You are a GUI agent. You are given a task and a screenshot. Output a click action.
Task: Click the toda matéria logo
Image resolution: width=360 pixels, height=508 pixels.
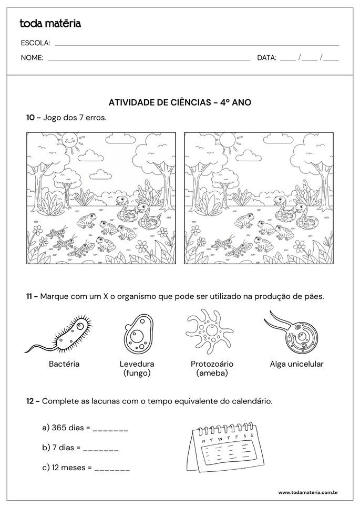pyautogui.click(x=50, y=23)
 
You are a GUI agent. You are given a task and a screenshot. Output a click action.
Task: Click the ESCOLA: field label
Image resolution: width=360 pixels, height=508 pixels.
pyautogui.click(x=35, y=43)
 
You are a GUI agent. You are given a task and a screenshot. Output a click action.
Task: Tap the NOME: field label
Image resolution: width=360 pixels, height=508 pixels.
pyautogui.click(x=32, y=58)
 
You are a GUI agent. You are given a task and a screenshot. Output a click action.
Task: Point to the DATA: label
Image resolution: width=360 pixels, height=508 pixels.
pyautogui.click(x=266, y=58)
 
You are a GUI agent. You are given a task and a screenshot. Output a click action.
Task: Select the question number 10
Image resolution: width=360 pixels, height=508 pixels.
pyautogui.click(x=30, y=118)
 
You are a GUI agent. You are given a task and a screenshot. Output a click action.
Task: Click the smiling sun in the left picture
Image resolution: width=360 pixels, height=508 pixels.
pyautogui.click(x=69, y=140)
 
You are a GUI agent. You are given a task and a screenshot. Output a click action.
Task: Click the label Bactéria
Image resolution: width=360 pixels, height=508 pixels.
pyautogui.click(x=64, y=364)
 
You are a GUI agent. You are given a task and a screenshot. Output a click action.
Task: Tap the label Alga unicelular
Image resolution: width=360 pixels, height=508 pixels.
pyautogui.click(x=296, y=364)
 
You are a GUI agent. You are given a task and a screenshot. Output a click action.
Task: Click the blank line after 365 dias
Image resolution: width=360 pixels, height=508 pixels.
pyautogui.click(x=110, y=429)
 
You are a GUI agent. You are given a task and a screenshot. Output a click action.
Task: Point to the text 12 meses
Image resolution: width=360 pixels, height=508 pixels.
pyautogui.click(x=67, y=467)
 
